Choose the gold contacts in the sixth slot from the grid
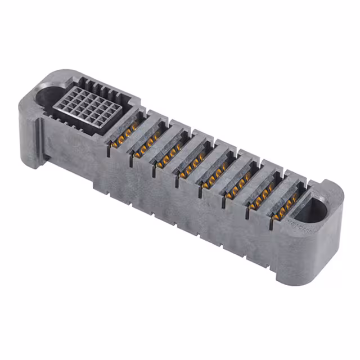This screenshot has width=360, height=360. pyautogui.click(x=239, y=186)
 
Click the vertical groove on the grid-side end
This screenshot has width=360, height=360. pyautogui.click(x=41, y=135)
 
